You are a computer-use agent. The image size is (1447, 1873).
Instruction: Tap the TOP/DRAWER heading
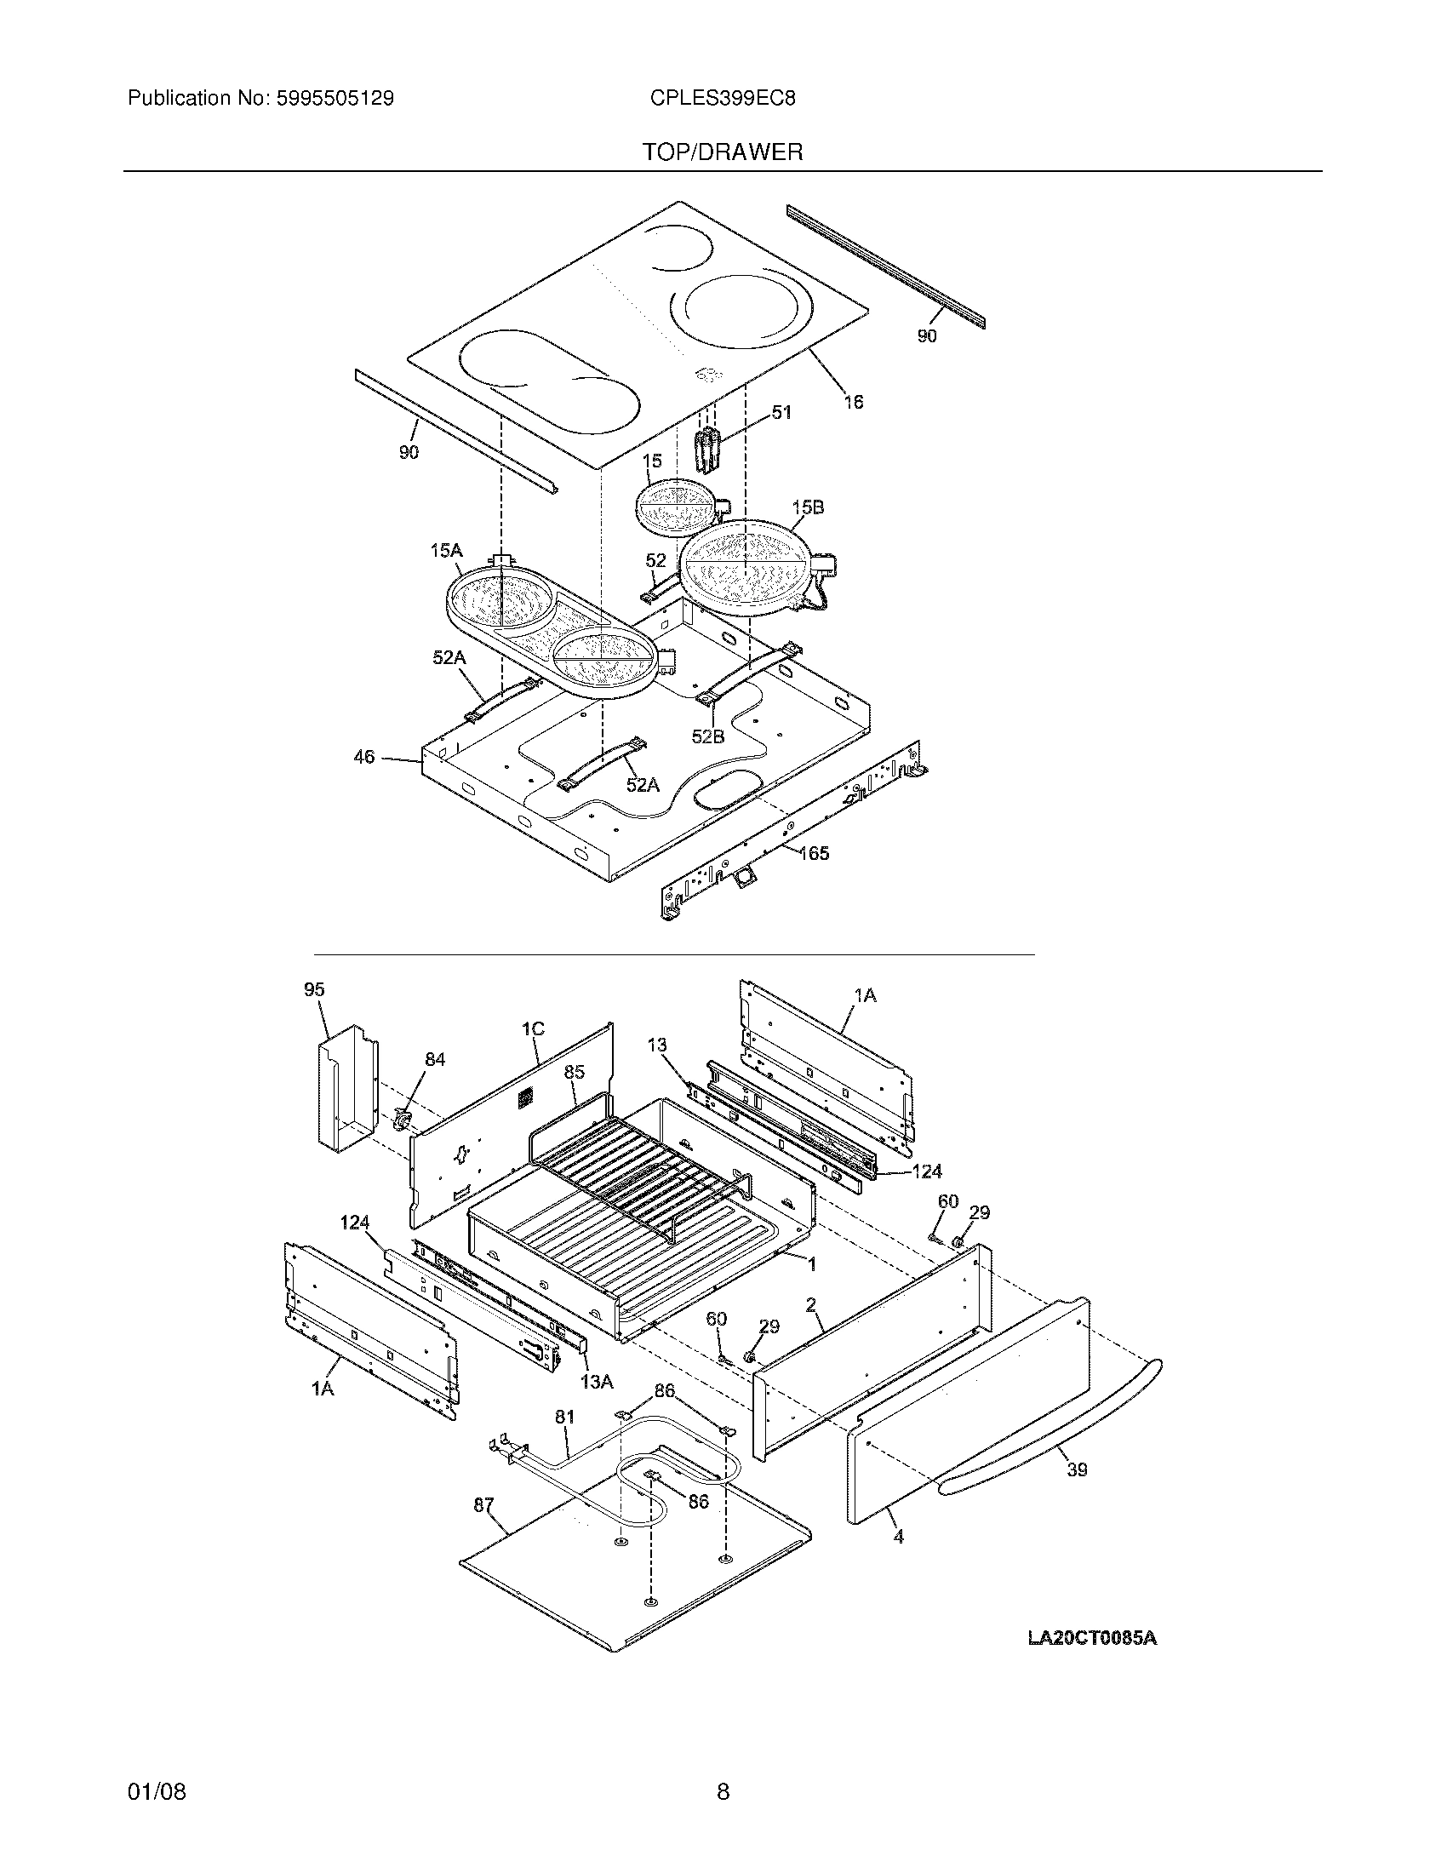coord(723,152)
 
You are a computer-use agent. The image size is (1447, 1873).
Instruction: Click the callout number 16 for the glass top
coord(853,401)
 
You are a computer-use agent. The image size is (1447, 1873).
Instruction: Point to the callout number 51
coord(781,413)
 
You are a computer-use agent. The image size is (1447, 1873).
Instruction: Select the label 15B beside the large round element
coord(807,507)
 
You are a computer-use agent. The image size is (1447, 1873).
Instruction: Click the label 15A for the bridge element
coord(446,551)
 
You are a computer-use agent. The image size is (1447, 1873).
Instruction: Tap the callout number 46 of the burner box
coord(364,757)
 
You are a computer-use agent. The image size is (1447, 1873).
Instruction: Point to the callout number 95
coord(315,989)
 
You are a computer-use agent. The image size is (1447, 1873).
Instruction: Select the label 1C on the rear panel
coord(532,1029)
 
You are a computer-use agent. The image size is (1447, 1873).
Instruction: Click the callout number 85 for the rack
coord(575,1072)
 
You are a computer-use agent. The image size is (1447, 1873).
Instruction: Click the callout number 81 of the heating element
coord(564,1418)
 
